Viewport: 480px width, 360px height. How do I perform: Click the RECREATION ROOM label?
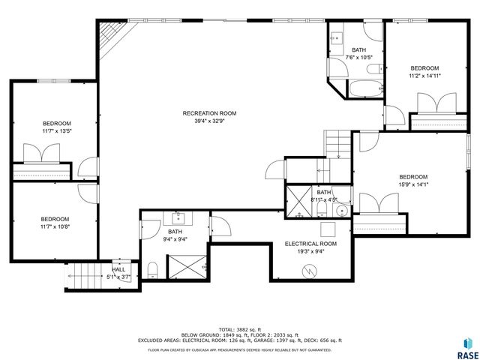[x=214, y=113]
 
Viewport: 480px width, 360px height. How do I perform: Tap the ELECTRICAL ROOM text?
[x=310, y=244]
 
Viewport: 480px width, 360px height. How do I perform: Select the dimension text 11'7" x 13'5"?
[x=57, y=131]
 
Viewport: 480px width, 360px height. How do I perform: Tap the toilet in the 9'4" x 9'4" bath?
[x=152, y=269]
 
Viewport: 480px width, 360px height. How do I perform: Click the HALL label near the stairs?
[x=118, y=269]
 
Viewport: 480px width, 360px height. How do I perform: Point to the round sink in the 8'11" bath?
[x=340, y=211]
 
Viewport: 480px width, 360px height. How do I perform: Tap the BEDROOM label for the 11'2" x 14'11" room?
[x=423, y=68]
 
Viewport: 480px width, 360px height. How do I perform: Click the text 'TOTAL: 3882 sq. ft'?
[x=239, y=329]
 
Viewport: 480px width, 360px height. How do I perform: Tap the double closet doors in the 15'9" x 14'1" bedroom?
[x=379, y=202]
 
